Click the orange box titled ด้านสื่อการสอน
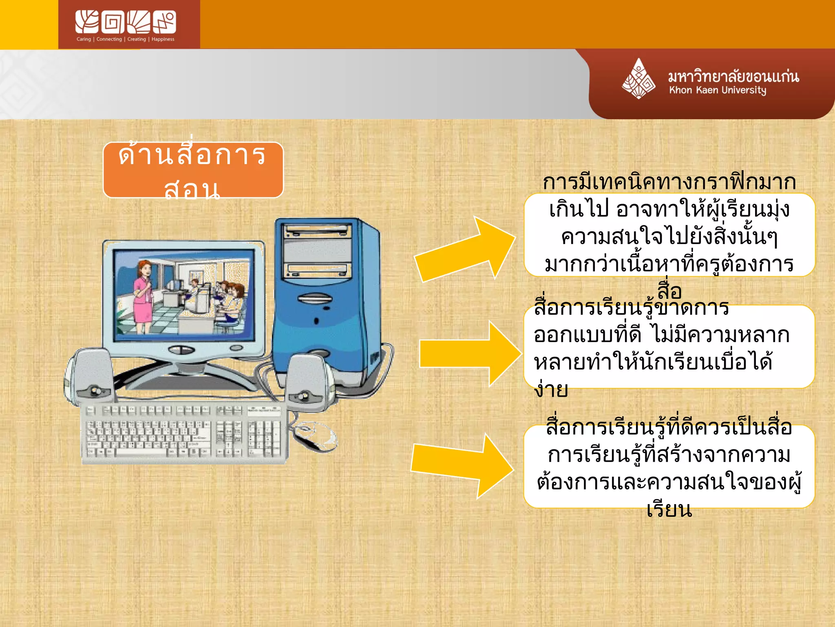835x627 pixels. (193, 170)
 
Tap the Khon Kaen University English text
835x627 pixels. (717, 90)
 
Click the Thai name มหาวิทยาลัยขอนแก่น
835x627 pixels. (733, 76)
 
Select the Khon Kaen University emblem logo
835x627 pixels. (638, 79)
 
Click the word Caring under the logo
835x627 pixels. (84, 39)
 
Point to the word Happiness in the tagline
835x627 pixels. (163, 39)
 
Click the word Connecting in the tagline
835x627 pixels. (109, 39)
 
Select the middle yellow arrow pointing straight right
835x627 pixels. (469, 354)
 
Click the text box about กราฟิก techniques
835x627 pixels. (669, 235)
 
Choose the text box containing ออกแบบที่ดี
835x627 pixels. (669, 347)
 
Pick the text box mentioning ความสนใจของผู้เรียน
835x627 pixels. (669, 467)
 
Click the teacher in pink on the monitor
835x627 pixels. (143, 295)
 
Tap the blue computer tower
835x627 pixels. (326, 302)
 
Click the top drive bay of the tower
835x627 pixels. (317, 231)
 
